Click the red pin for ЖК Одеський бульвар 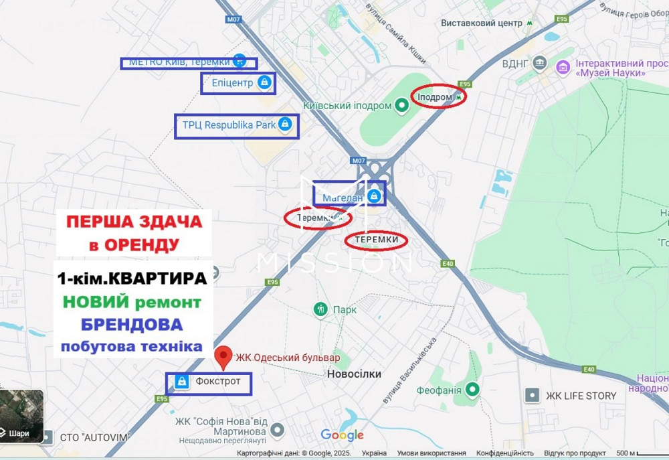[x=223, y=356]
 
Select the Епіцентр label [x=232, y=83]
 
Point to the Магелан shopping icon [x=375, y=196]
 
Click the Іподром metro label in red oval [x=435, y=97]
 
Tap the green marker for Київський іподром [x=401, y=104]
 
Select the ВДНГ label [x=515, y=64]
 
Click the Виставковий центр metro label [x=481, y=23]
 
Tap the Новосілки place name [x=355, y=374]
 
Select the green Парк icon [x=321, y=309]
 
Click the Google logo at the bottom [x=342, y=435]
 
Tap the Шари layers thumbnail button [x=21, y=418]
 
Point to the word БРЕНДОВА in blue [x=132, y=325]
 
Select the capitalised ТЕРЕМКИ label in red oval [x=377, y=240]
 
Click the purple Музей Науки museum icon [x=563, y=66]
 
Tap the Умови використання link [x=432, y=453]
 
